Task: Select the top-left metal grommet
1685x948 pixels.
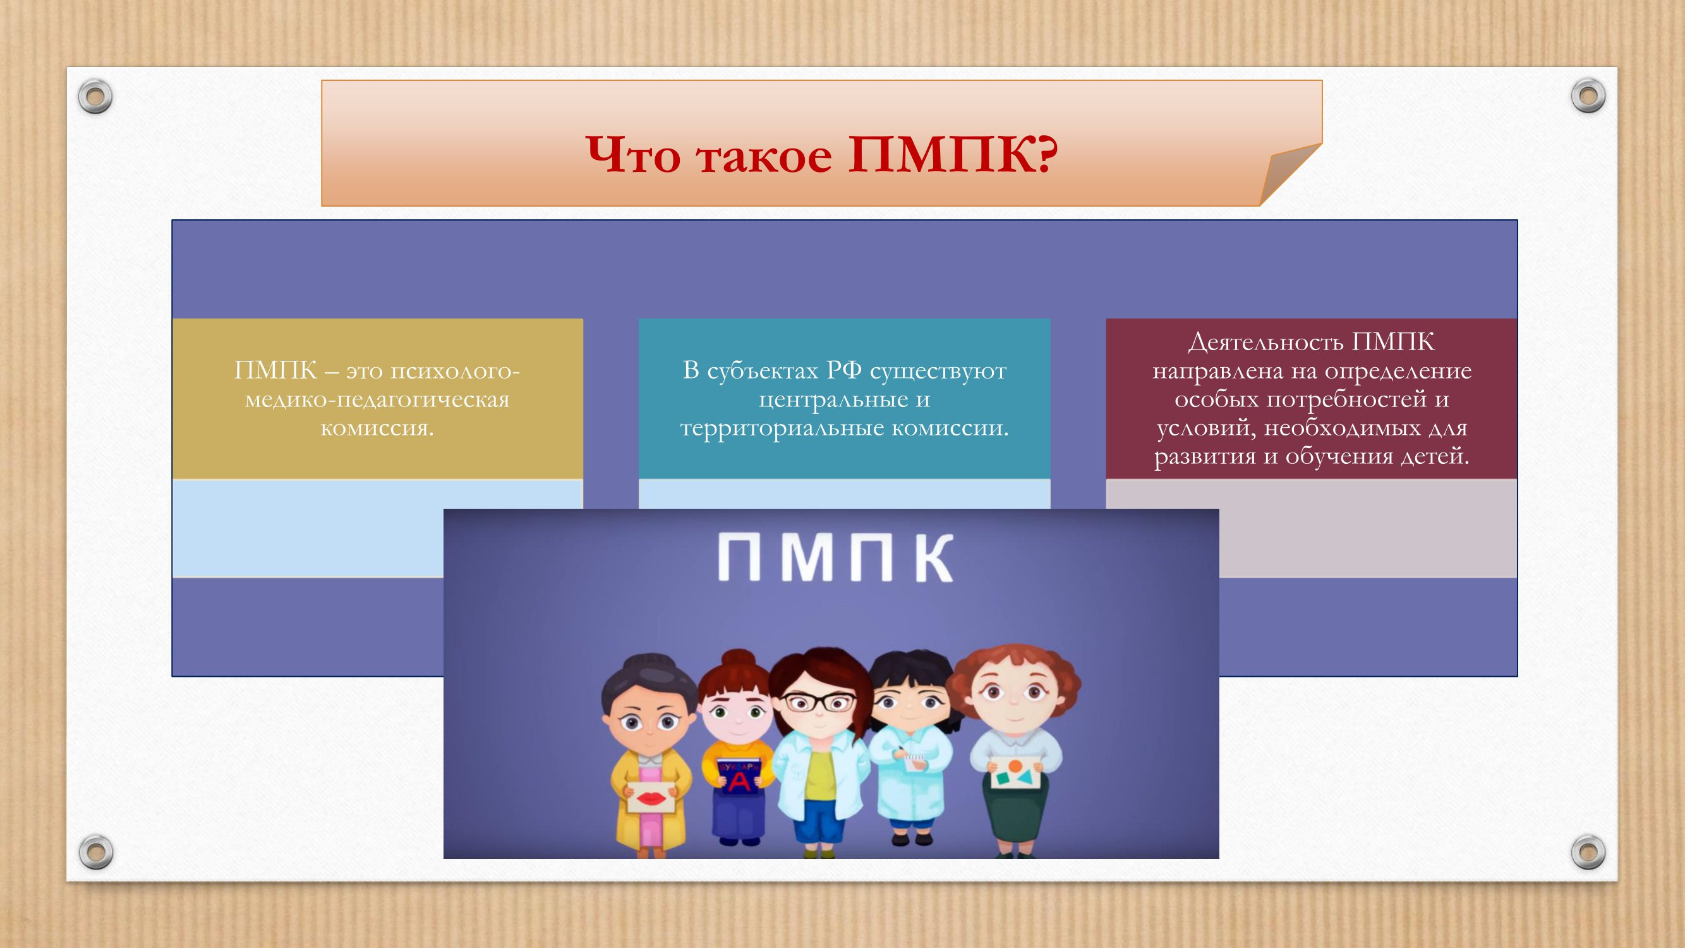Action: tap(95, 97)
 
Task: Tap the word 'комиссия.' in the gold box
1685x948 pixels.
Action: tap(377, 428)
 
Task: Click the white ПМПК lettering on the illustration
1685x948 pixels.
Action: tap(835, 557)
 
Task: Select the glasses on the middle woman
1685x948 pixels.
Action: tap(819, 703)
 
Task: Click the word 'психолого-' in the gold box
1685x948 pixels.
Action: tap(455, 372)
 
